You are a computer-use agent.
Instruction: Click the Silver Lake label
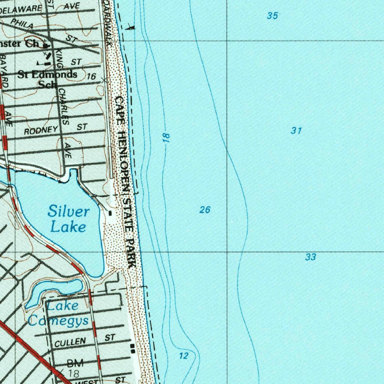pyautogui.click(x=68, y=219)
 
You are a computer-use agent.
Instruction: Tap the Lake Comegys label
pyautogui.click(x=58, y=313)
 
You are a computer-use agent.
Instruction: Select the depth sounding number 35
pyautogui.click(x=273, y=16)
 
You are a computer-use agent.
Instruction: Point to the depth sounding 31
pyautogui.click(x=296, y=130)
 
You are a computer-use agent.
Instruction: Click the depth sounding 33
pyautogui.click(x=310, y=257)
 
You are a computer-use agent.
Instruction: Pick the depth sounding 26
pyautogui.click(x=205, y=210)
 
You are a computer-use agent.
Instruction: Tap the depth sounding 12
pyautogui.click(x=183, y=356)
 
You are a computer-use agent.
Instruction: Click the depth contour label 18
pyautogui.click(x=166, y=137)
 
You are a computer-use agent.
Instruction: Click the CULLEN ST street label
pyautogui.click(x=84, y=340)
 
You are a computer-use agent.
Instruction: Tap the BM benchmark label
pyautogui.click(x=75, y=363)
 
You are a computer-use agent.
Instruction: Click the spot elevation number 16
pyautogui.click(x=91, y=76)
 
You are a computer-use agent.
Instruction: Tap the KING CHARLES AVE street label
pyautogui.click(x=64, y=101)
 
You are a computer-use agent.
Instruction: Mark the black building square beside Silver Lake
pyautogui.click(x=110, y=213)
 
